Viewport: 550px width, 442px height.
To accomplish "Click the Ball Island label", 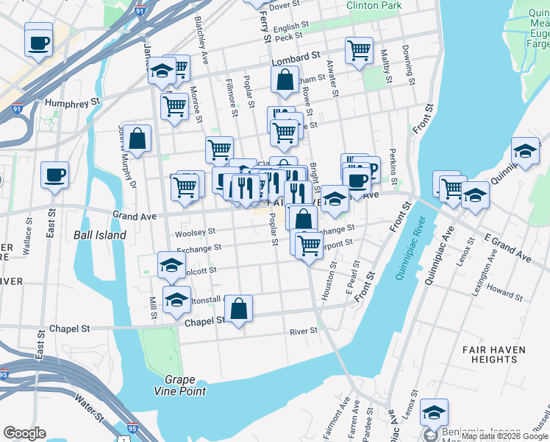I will coord(100,235).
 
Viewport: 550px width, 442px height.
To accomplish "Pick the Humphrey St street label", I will coord(72,103).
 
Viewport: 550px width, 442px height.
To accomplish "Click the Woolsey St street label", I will coord(195,233).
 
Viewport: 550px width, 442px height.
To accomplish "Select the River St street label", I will coord(303,331).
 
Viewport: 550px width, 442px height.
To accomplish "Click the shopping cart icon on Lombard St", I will coord(359,50).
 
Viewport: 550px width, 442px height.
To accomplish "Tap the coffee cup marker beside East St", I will coord(55,175).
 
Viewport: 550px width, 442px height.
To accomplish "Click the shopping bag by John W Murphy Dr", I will coord(137,138).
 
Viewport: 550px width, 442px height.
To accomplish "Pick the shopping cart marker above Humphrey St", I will coord(174,105).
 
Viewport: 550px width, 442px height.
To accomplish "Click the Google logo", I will coord(24,433).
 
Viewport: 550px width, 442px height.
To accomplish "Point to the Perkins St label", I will coord(393,172).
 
